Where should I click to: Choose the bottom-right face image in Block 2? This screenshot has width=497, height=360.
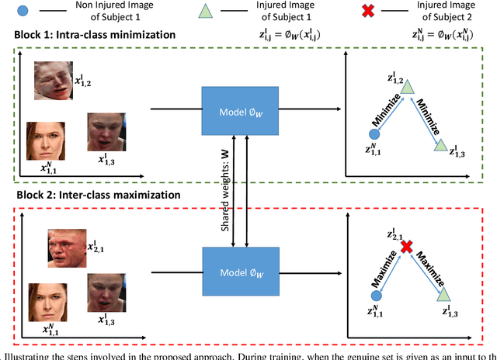[106, 299]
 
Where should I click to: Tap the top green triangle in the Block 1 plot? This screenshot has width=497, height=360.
[406, 88]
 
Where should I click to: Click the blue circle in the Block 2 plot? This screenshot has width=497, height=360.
[375, 296]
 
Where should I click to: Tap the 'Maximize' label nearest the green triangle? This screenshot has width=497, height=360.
[429, 269]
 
